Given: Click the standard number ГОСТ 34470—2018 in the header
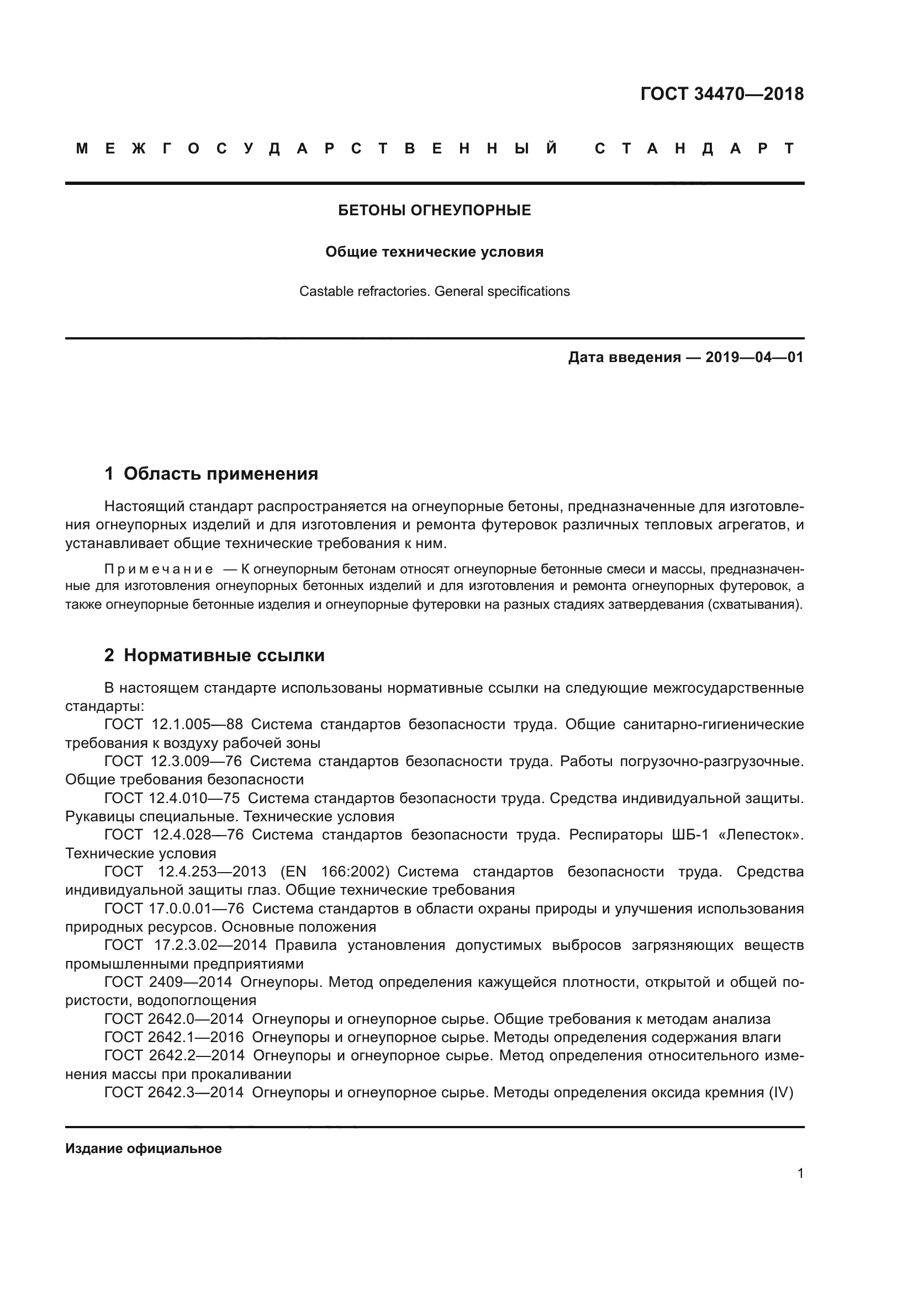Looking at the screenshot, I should point(722,94).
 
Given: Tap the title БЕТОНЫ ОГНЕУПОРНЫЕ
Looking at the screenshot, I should point(434,210).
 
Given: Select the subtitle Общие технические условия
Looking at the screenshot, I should point(434,252).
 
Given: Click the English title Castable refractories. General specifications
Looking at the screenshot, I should point(434,291).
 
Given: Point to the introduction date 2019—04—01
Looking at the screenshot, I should point(754,357).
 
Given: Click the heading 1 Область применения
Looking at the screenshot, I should point(211,474).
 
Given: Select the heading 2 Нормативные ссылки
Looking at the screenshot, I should point(214,655).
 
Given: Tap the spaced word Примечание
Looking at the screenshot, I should point(159,569).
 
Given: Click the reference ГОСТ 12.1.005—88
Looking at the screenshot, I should point(173,724).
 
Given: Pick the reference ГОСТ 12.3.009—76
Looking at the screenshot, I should point(173,761).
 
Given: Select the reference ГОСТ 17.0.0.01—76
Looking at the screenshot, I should point(174,909).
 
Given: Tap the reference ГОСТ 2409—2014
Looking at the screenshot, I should point(168,982).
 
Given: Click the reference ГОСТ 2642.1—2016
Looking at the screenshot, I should point(174,1037).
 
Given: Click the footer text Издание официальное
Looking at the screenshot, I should point(144,1148).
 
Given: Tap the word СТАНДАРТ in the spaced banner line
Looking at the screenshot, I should point(695,148).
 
